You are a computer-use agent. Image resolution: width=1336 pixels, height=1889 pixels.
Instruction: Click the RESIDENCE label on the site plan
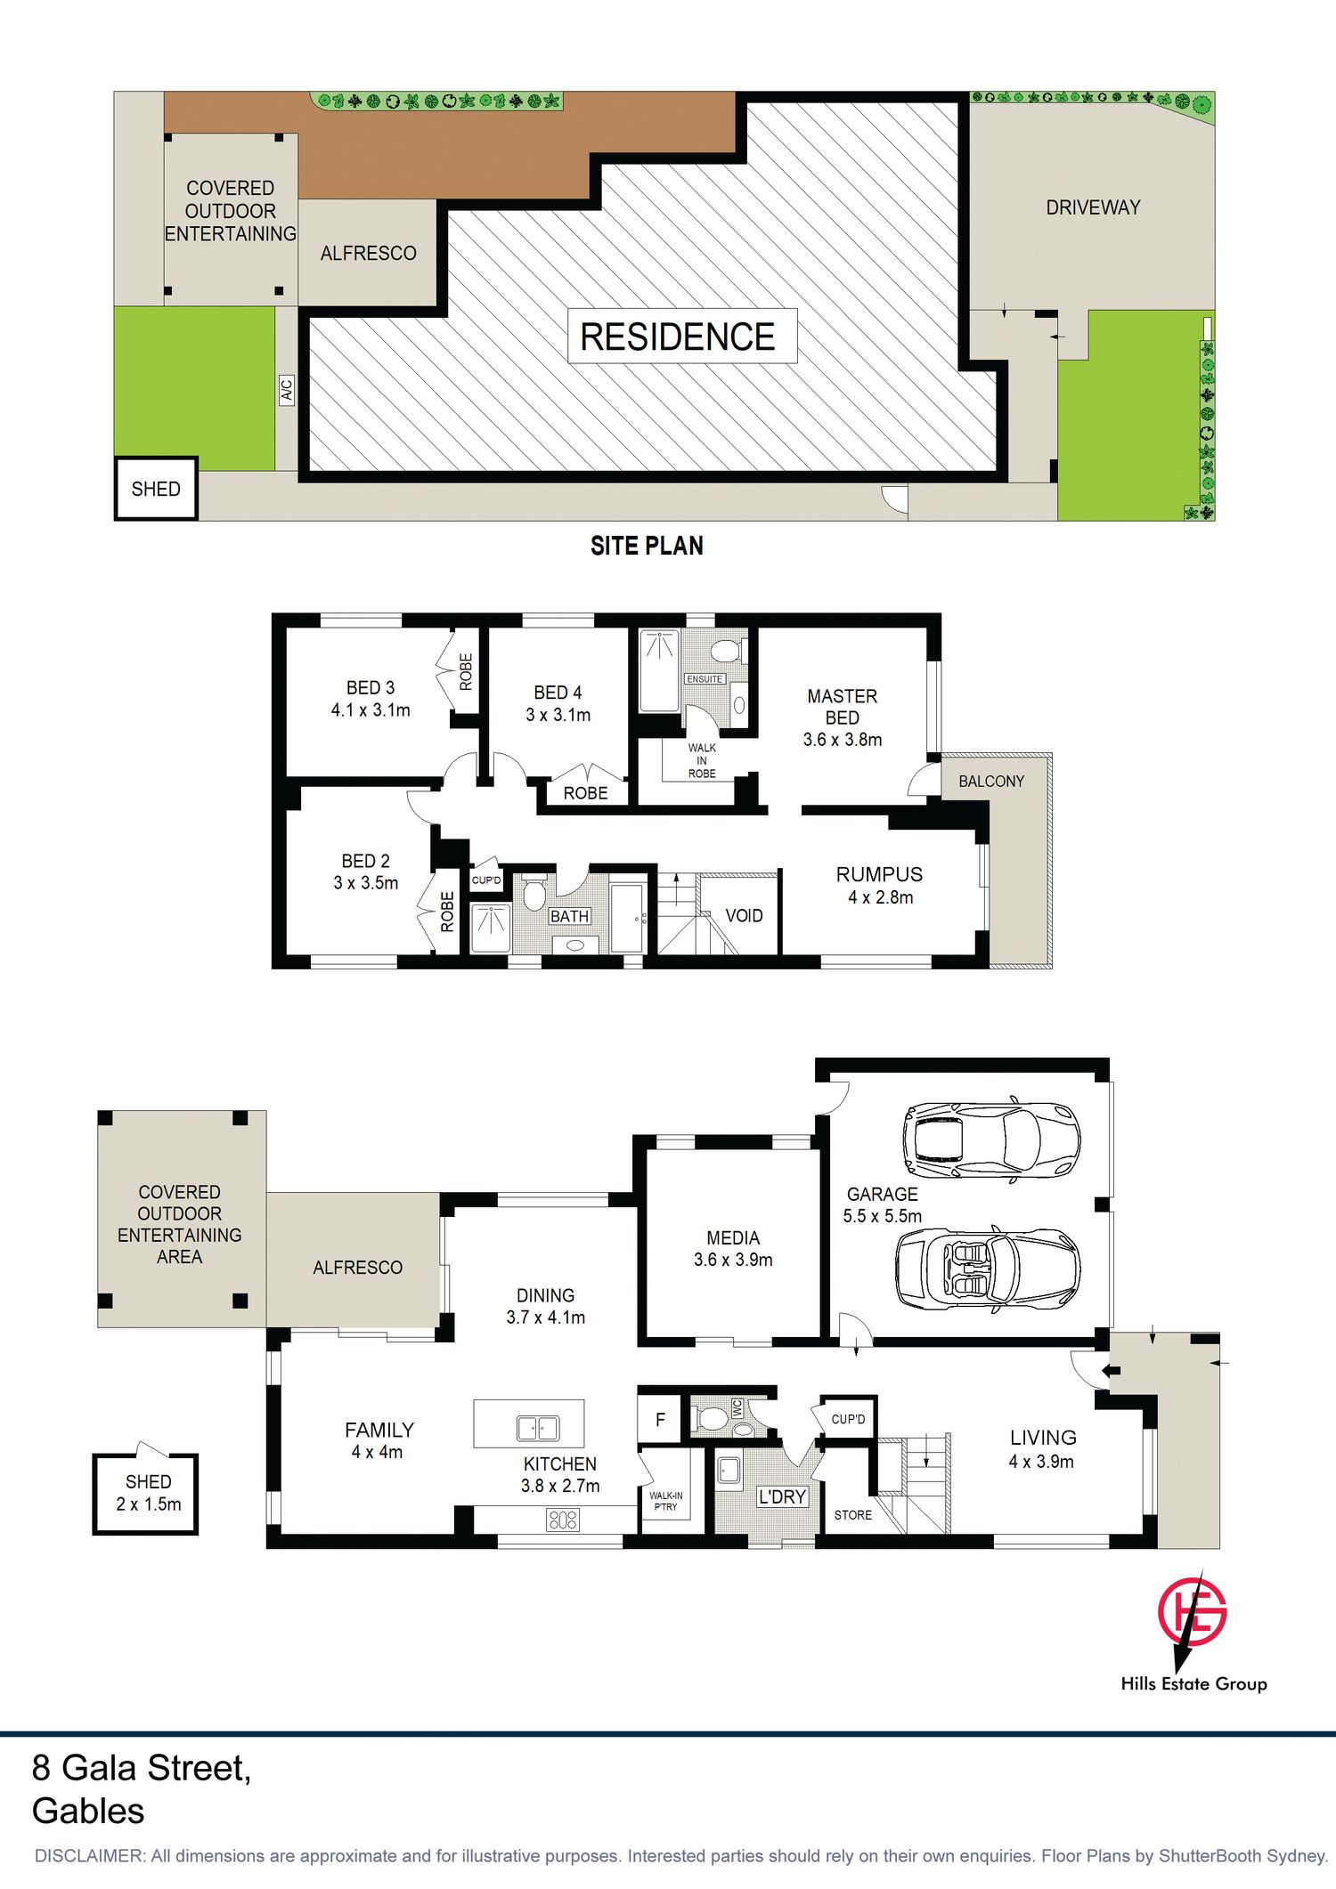coord(678,336)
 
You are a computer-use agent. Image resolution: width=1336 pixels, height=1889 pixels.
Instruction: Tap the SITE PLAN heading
coord(647,546)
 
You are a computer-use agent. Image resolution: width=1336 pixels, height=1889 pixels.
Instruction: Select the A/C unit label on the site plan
coord(287,390)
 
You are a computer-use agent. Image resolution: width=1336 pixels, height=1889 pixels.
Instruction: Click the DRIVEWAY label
coord(1093,207)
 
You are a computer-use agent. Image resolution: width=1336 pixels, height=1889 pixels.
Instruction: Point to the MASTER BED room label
coord(843,707)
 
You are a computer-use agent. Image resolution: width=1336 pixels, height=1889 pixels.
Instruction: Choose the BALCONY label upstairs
coord(991,781)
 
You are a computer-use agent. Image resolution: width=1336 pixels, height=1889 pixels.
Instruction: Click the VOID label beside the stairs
coord(744,916)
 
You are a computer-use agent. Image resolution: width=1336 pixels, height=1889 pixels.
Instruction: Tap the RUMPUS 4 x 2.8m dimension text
coord(880,897)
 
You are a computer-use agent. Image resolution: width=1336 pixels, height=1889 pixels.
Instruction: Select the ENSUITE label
coord(705,679)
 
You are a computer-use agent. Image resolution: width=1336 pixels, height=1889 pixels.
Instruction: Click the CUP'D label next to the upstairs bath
coord(486,880)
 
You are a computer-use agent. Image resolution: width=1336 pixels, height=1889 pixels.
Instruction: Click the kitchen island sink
coord(538,1428)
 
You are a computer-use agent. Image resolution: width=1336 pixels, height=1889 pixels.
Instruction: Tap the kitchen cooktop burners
coord(563,1520)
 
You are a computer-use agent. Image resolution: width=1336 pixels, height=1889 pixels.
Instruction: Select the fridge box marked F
coord(660,1420)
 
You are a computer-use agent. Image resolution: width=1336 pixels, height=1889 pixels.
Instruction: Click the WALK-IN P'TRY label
coord(665,1501)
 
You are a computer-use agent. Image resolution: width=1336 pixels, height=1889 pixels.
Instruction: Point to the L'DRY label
coord(782,1497)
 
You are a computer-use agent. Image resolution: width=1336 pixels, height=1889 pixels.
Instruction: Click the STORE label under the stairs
coord(853,1515)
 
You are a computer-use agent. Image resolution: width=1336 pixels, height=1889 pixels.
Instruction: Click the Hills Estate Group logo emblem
coord(1192,1612)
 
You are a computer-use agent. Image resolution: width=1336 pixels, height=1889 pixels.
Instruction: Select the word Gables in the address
coord(88,1811)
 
